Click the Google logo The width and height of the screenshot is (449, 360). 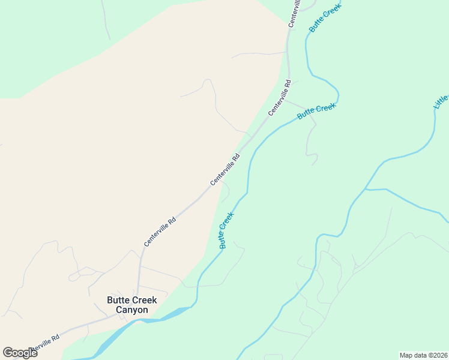pos(20,353)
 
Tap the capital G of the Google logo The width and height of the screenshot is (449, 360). pos(8,352)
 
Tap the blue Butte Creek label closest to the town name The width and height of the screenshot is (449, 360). pos(226,230)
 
